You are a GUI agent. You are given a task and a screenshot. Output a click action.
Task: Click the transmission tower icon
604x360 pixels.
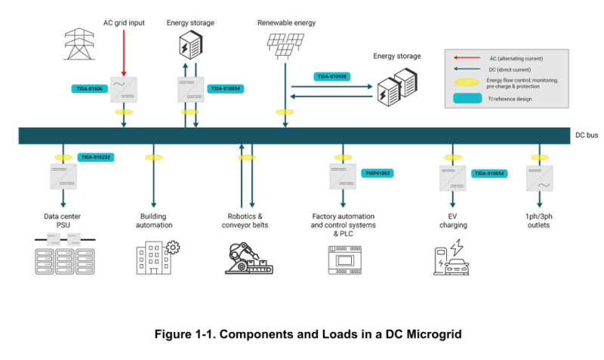click(x=75, y=44)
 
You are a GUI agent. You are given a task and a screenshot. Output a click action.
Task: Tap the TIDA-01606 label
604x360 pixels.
click(x=91, y=88)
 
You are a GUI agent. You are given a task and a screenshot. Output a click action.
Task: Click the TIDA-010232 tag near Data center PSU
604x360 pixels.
click(x=95, y=158)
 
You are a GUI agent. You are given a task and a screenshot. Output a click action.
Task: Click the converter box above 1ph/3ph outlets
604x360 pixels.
click(x=539, y=178)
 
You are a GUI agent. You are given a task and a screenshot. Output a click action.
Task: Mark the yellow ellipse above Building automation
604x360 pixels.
click(x=154, y=158)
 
